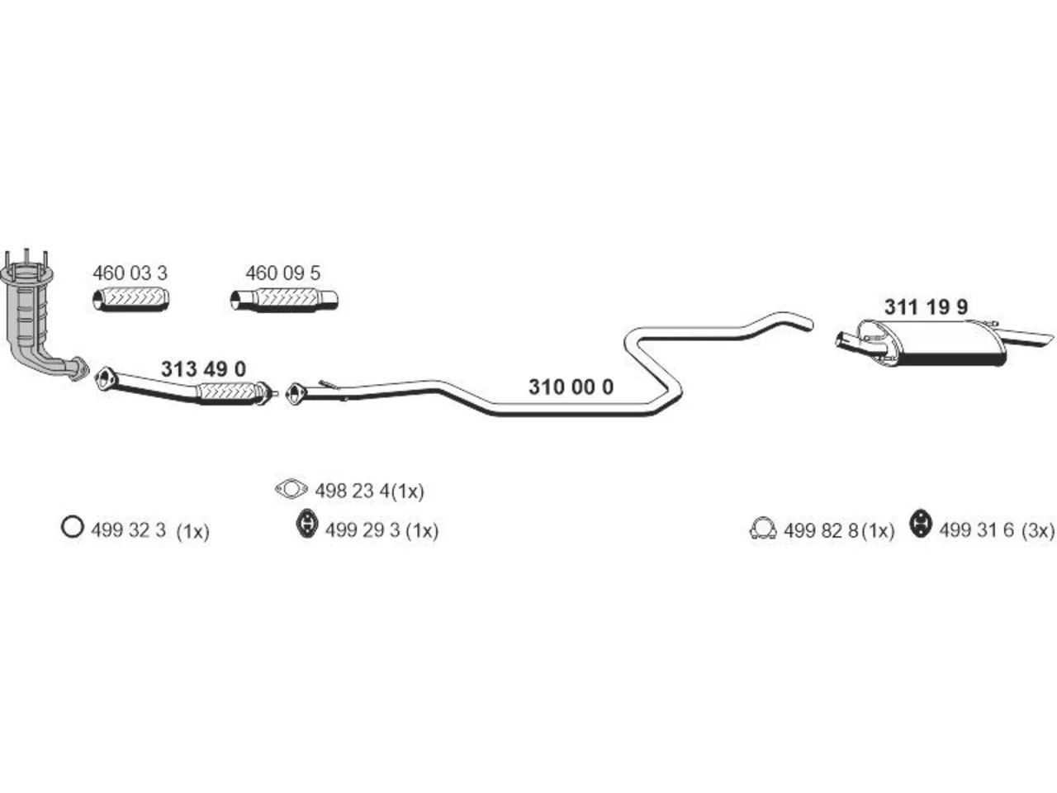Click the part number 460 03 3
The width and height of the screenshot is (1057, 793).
tap(130, 273)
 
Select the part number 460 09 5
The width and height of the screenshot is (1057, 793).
tap(282, 273)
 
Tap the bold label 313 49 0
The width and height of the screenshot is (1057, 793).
tap(203, 369)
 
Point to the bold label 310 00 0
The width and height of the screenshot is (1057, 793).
tap(571, 387)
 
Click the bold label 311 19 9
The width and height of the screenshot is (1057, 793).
tap(926, 306)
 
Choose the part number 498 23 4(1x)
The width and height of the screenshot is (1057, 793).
tap(369, 491)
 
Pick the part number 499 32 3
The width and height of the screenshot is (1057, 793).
tap(128, 530)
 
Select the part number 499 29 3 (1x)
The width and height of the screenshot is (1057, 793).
tap(382, 530)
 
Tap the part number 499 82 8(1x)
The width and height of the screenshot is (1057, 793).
tap(839, 530)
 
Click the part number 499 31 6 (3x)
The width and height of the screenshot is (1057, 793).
tap(997, 530)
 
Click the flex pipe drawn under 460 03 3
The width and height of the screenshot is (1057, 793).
tap(130, 298)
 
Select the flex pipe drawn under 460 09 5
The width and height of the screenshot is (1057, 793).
tap(284, 300)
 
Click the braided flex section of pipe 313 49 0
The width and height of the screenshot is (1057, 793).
tap(226, 392)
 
